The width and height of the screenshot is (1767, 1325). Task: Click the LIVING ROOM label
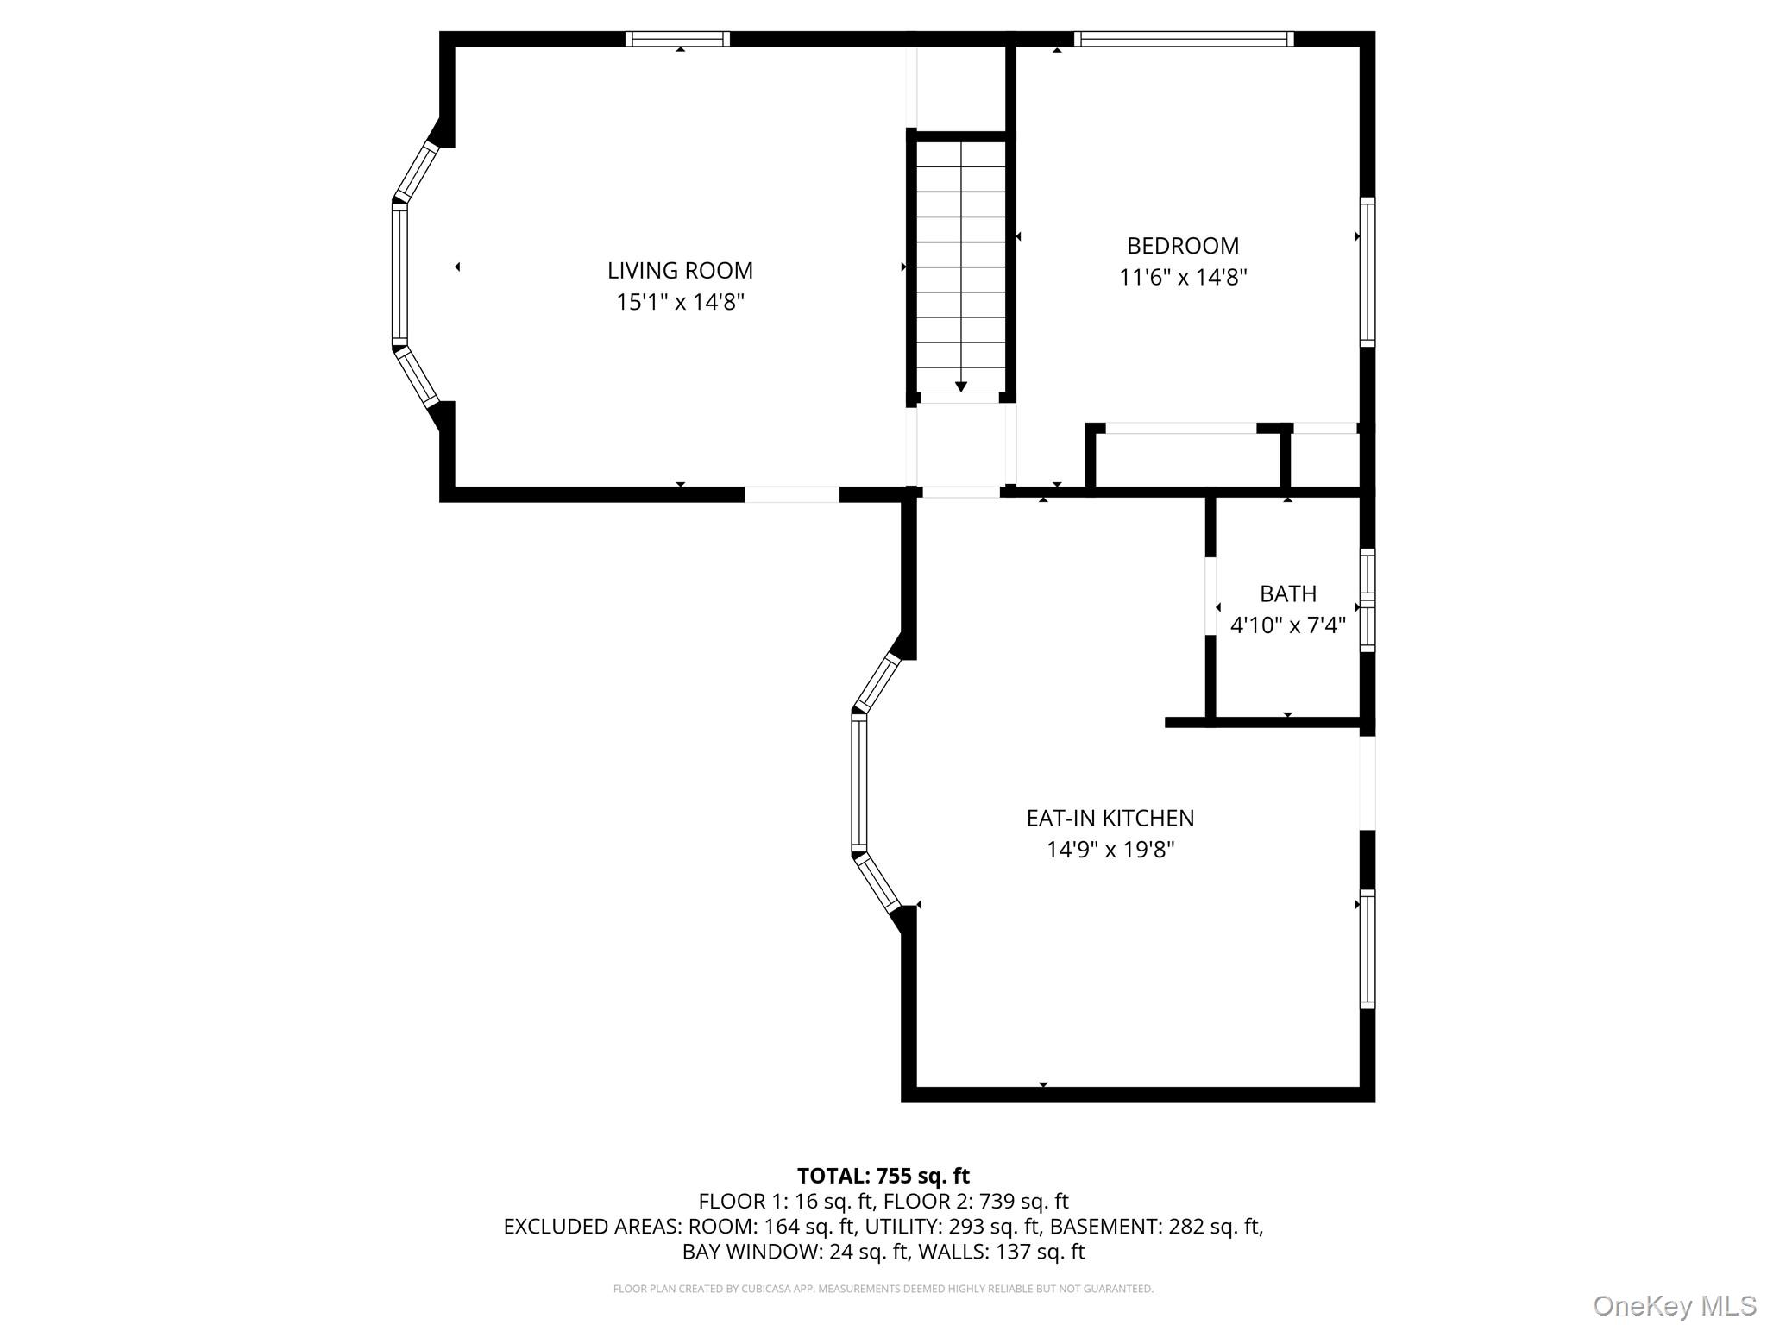pyautogui.click(x=680, y=270)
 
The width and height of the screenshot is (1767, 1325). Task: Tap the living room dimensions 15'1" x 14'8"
pyautogui.click(x=680, y=302)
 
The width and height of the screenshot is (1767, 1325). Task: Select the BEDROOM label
pyautogui.click(x=1183, y=246)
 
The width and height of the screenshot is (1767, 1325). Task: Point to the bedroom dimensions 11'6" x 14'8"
pyautogui.click(x=1183, y=278)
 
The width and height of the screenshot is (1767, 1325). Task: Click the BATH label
pyautogui.click(x=1288, y=593)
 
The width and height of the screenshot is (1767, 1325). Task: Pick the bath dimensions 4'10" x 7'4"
pyautogui.click(x=1288, y=625)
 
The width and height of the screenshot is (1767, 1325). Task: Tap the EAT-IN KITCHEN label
pyautogui.click(x=1110, y=818)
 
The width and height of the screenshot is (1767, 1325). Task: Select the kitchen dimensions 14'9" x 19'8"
pyautogui.click(x=1110, y=850)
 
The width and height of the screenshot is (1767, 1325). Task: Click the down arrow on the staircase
pyautogui.click(x=961, y=386)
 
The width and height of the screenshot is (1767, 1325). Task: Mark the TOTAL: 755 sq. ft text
pyautogui.click(x=883, y=1176)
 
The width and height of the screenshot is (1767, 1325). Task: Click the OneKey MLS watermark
pyautogui.click(x=1675, y=1305)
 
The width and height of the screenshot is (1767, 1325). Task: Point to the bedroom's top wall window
pyautogui.click(x=1184, y=39)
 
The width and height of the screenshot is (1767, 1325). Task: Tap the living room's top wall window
pyautogui.click(x=677, y=39)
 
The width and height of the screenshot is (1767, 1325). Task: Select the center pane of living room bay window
pyautogui.click(x=399, y=273)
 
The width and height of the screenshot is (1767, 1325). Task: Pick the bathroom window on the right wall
pyautogui.click(x=1368, y=600)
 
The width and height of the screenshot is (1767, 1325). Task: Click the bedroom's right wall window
pyautogui.click(x=1368, y=272)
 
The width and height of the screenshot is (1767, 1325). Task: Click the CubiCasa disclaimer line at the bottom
pyautogui.click(x=883, y=1289)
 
